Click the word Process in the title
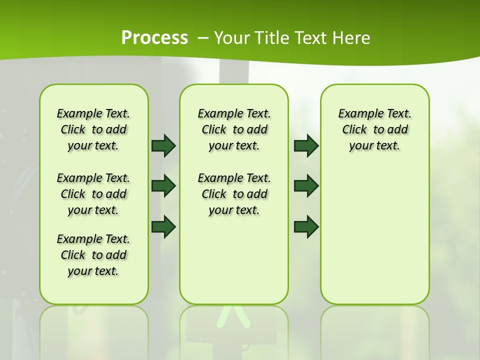[154, 38]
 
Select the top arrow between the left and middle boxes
[163, 145]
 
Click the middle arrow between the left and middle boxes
[163, 186]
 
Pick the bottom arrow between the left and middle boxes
[163, 226]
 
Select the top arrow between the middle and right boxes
[306, 145]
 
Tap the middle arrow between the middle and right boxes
[306, 186]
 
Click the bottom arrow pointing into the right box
[306, 226]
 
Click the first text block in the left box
[93, 129]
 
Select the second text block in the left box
[93, 194]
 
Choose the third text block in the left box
[93, 255]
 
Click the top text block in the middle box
[234, 129]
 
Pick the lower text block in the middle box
[234, 194]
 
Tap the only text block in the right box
[374, 129]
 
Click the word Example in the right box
[356, 113]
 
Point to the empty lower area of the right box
[374, 235]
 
